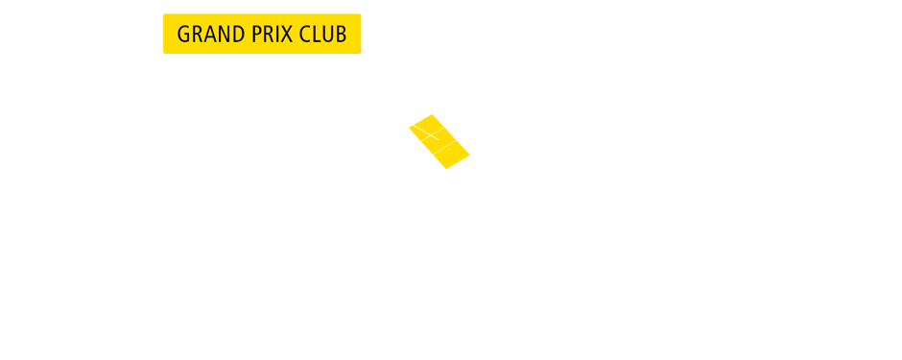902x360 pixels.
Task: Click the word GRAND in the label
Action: pyautogui.click(x=206, y=35)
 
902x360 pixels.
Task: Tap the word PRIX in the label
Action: pyautogui.click(x=268, y=35)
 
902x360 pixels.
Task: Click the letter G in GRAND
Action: pyautogui.click(x=184, y=35)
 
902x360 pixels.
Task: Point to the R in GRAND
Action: pyautogui.click(x=196, y=35)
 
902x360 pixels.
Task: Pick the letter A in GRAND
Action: pyautogui.click(x=207, y=35)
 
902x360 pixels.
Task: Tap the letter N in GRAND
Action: pyautogui.click(x=220, y=35)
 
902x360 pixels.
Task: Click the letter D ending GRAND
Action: pyautogui.click(x=232, y=35)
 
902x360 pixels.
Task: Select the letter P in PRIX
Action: pyautogui.click(x=252, y=35)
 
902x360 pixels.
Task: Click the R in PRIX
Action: pyautogui.click(x=264, y=35)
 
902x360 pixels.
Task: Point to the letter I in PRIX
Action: pyautogui.click(x=273, y=35)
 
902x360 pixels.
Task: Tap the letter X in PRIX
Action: pyautogui.click(x=282, y=35)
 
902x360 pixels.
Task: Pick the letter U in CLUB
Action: pyautogui.click(x=328, y=35)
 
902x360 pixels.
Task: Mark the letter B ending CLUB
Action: pyautogui.click(x=341, y=35)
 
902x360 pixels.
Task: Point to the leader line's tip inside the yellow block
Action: pyautogui.click(x=438, y=138)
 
